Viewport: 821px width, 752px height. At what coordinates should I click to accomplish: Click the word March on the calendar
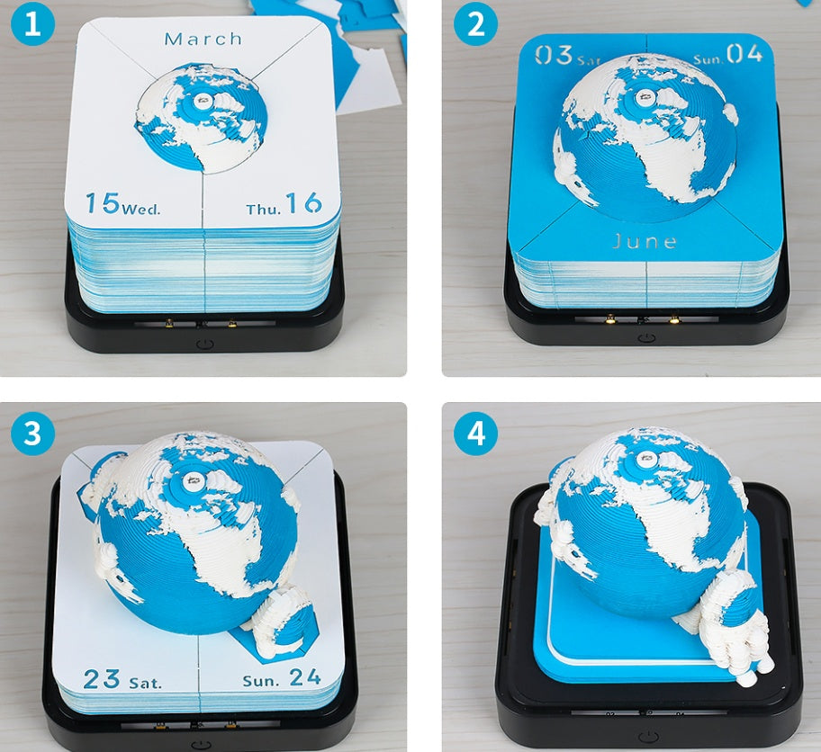(x=203, y=39)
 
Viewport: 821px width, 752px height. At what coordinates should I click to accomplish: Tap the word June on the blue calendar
(x=645, y=241)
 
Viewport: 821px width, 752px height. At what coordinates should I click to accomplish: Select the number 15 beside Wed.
(x=104, y=203)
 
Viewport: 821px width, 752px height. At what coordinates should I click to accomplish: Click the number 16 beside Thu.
(x=303, y=204)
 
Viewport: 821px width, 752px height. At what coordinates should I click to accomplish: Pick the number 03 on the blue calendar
(x=554, y=55)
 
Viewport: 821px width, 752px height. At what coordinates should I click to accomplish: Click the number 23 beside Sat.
(x=102, y=678)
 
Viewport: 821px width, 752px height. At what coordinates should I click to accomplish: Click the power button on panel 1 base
(x=205, y=343)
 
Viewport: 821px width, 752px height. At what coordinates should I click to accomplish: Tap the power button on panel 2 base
(x=645, y=337)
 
